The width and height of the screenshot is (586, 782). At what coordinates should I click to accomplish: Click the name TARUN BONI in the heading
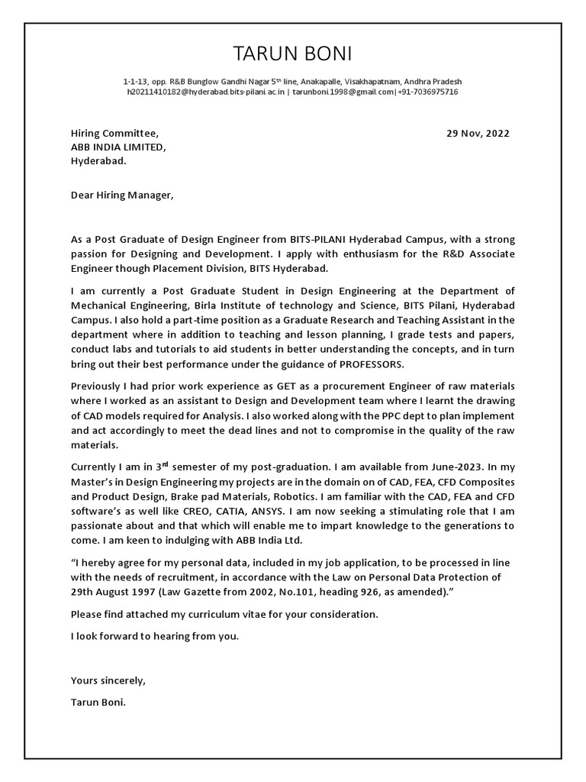[293, 53]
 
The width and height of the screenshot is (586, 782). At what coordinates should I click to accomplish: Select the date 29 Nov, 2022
[478, 133]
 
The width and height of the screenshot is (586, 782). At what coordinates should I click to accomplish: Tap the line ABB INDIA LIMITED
[118, 147]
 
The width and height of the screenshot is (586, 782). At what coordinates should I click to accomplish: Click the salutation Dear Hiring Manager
[122, 195]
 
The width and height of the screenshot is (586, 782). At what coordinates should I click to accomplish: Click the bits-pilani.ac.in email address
[206, 92]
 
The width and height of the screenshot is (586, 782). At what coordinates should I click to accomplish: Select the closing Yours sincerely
[108, 680]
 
